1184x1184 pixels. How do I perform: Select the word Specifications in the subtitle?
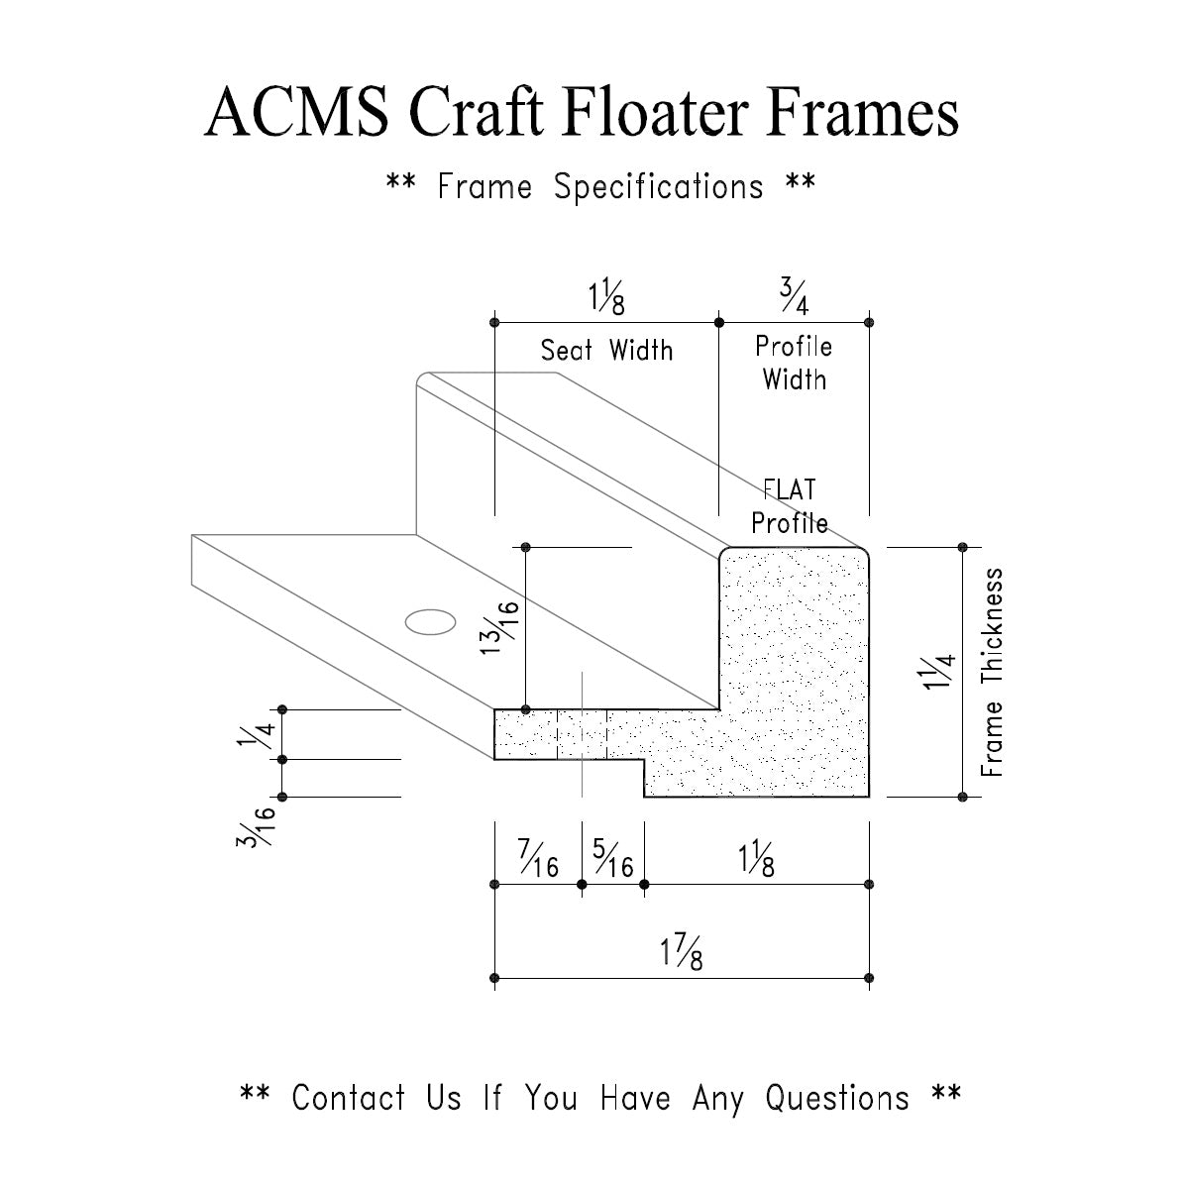coord(658,186)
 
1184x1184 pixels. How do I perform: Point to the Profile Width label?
coord(794,363)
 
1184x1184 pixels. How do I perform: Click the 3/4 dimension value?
coord(794,294)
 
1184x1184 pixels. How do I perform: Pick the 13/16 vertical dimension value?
coord(503,628)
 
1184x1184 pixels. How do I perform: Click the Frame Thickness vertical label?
coord(993,672)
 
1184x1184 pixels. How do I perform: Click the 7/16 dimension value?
coord(538,859)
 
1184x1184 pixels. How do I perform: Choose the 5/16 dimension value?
coord(613,859)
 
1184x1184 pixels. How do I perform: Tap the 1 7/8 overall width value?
coord(682,953)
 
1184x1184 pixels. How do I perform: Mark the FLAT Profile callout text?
coord(790,506)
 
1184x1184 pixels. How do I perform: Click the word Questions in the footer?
coord(836,1098)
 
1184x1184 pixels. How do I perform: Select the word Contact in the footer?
coord(349,1098)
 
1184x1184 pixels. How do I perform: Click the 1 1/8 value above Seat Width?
coord(606,295)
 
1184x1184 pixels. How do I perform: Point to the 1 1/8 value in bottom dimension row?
coord(756,859)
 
